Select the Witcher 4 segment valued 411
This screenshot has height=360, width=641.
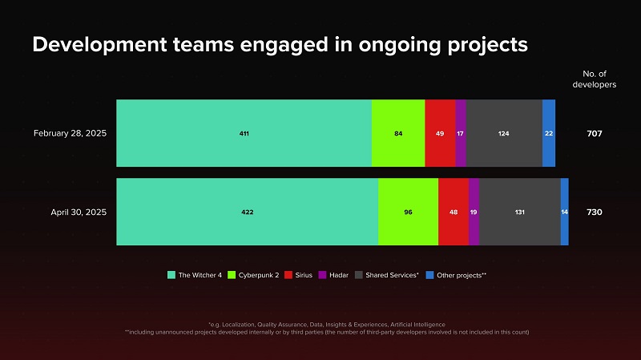pos(244,133)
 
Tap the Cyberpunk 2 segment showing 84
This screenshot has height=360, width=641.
pos(398,133)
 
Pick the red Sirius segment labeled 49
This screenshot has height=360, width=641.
pos(440,133)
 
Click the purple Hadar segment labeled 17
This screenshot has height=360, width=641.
pos(461,133)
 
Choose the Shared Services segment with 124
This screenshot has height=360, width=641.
pos(504,133)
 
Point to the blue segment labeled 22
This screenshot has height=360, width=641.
pos(549,133)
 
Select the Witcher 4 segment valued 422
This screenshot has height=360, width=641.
pos(247,212)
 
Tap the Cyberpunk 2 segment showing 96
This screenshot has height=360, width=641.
pos(408,212)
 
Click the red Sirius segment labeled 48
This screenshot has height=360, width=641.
pos(454,212)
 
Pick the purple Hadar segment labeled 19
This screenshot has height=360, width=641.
pos(474,212)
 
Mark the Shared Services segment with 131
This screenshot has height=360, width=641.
pos(520,212)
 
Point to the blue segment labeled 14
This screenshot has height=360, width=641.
pos(565,212)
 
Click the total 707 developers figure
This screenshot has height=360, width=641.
pos(594,133)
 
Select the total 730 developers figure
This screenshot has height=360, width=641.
pos(594,212)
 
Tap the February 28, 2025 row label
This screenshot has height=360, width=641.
pos(70,133)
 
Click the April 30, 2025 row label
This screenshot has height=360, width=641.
pos(79,212)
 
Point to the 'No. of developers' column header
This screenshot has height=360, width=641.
pos(594,79)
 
